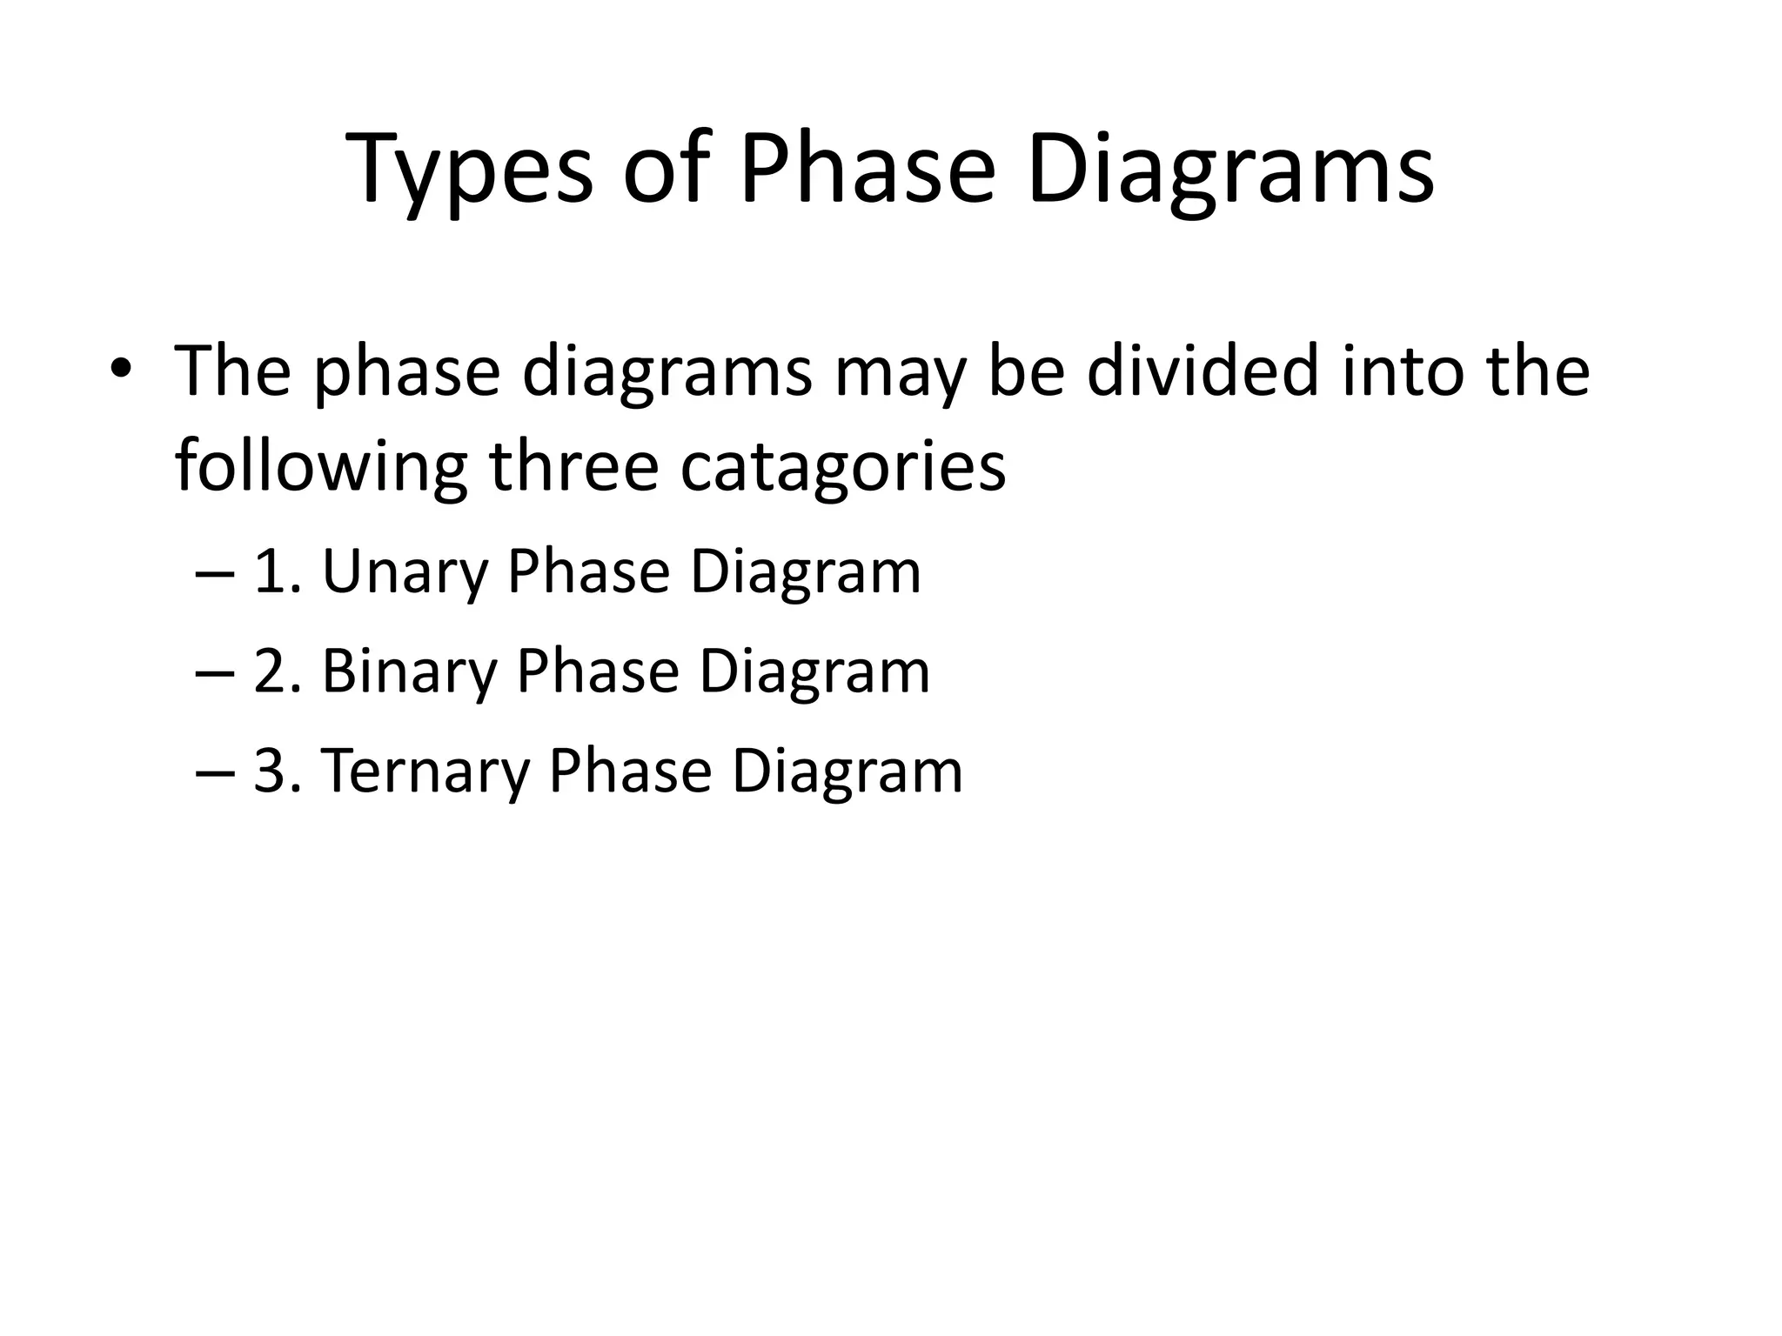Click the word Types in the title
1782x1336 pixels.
[471, 170]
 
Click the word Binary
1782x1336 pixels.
[408, 672]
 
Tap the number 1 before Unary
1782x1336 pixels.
[269, 572]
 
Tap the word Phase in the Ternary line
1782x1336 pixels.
[630, 772]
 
